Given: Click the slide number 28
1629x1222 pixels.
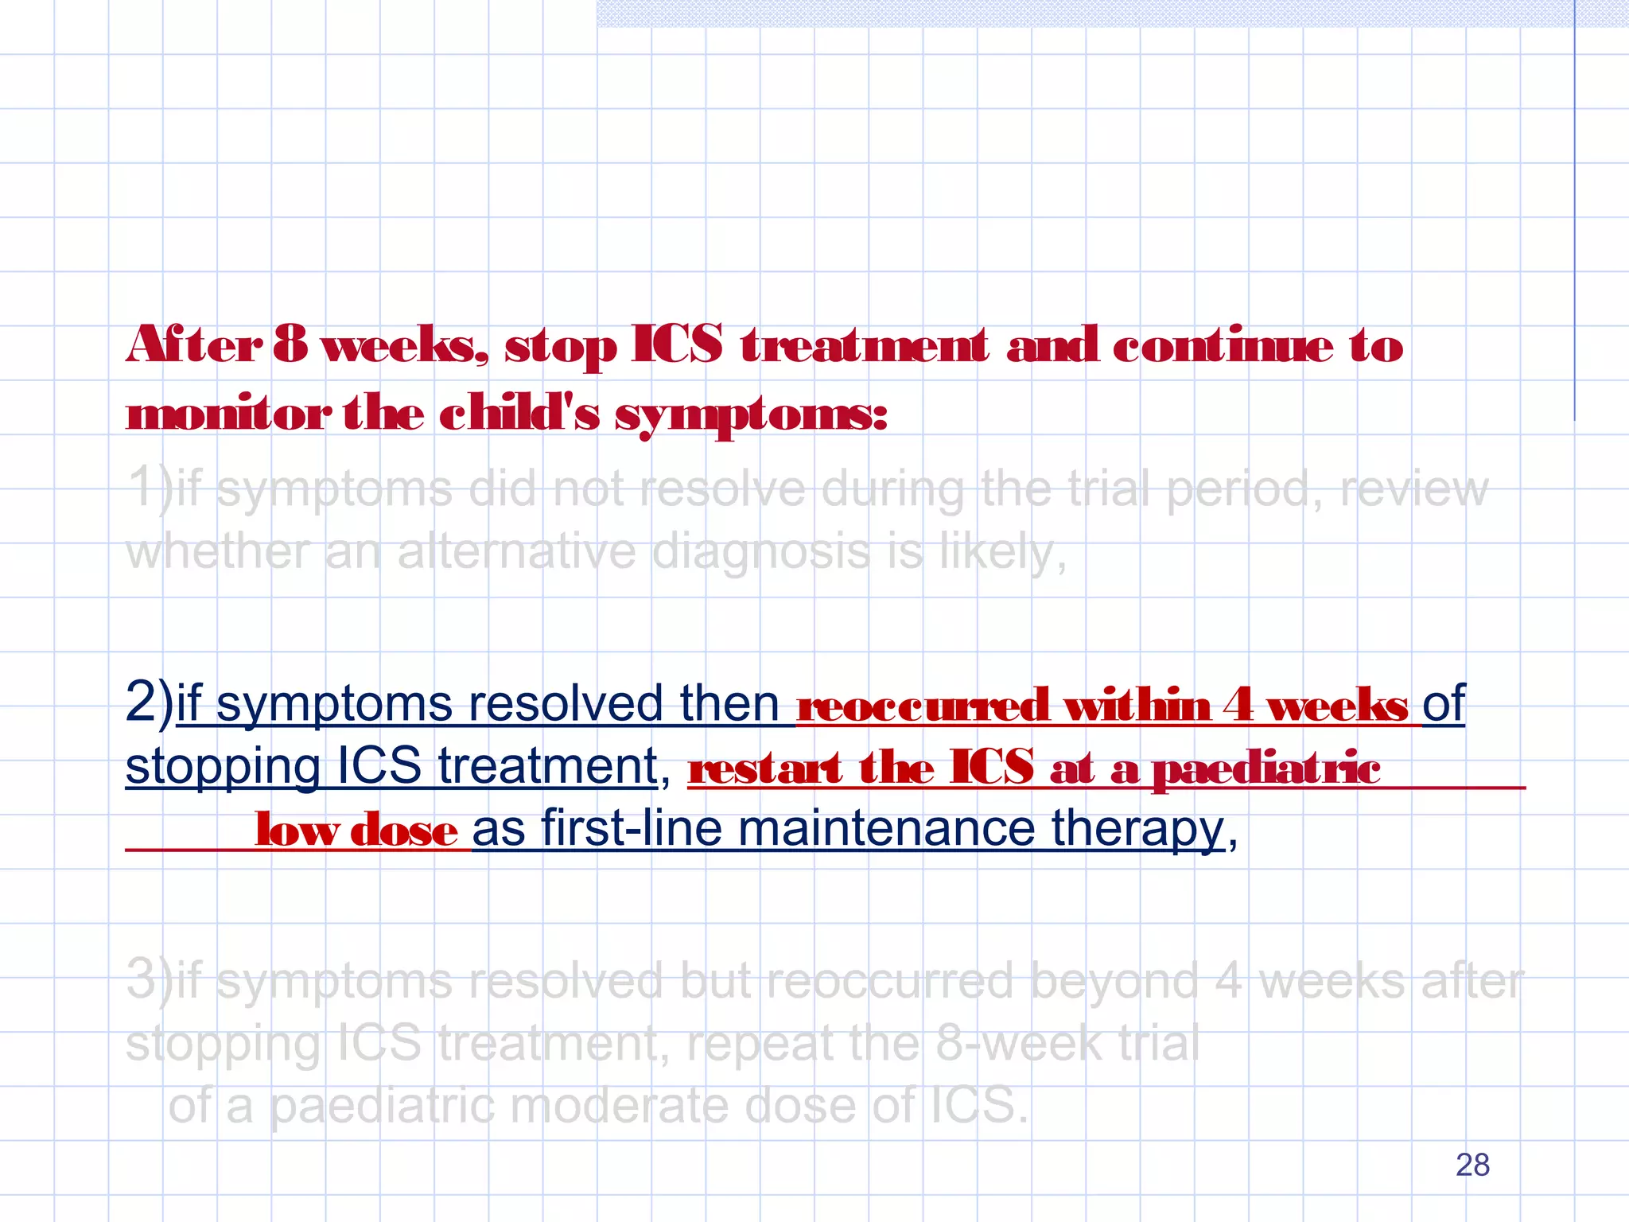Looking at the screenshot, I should pyautogui.click(x=1472, y=1165).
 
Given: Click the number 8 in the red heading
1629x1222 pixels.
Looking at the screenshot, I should pyautogui.click(x=290, y=345).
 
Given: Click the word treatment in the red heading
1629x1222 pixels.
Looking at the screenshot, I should pyautogui.click(x=864, y=345).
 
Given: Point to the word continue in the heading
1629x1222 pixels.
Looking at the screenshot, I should pyautogui.click(x=1222, y=345).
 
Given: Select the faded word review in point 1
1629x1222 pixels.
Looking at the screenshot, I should pyautogui.click(x=1413, y=488).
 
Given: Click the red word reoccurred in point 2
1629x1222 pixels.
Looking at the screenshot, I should pyautogui.click(x=923, y=706).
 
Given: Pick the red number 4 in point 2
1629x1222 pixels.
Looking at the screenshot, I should pyautogui.click(x=1238, y=704).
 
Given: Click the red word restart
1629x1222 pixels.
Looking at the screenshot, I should pyautogui.click(x=765, y=769).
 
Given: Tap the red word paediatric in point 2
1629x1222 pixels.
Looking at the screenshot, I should pyautogui.click(x=1265, y=769).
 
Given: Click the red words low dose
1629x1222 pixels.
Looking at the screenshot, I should pyautogui.click(x=356, y=831).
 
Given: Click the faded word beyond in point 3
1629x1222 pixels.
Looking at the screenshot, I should pyautogui.click(x=1114, y=980).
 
